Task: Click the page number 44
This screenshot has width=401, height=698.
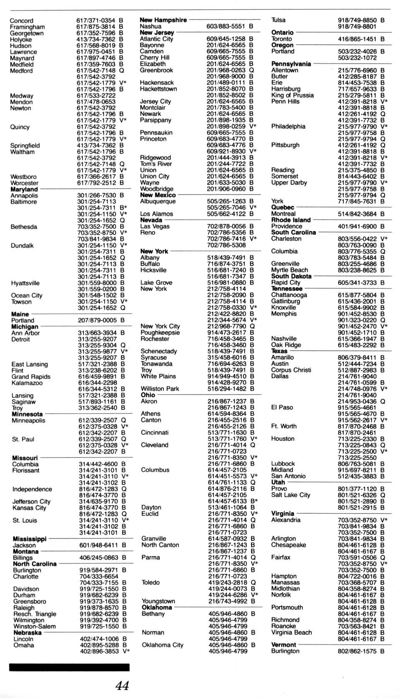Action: [122, 685]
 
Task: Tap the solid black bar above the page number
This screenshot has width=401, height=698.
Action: [69, 667]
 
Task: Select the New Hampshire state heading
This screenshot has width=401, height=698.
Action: [163, 20]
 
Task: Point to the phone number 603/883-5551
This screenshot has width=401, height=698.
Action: [226, 26]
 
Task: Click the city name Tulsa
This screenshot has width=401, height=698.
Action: [278, 20]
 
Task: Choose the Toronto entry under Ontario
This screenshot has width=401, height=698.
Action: [282, 38]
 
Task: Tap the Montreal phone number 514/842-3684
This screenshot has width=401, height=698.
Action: [357, 214]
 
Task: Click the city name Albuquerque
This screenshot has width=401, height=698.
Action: [158, 201]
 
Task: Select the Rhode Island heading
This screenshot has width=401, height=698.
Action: [291, 220]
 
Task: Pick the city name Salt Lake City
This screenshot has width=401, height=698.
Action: [291, 495]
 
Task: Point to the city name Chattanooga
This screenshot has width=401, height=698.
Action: [289, 295]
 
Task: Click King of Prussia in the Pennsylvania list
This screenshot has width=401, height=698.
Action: [292, 95]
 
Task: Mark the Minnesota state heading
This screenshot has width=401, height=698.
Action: [27, 414]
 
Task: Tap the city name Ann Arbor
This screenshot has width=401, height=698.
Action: [25, 333]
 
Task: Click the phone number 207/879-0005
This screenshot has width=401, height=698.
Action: [98, 320]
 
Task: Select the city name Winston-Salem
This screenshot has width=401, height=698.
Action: [34, 626]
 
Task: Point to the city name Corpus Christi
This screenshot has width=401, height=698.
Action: [291, 370]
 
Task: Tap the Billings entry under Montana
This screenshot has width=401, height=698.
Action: [23, 557]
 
